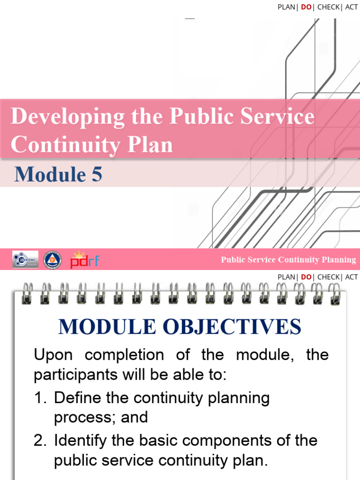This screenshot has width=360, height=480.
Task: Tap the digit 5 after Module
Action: click(96, 175)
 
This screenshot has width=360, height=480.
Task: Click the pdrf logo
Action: click(85, 260)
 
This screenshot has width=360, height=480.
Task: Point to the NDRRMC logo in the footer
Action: click(25, 260)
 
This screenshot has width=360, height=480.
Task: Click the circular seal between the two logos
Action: click(52, 260)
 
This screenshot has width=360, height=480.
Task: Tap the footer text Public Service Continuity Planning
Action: click(288, 260)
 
